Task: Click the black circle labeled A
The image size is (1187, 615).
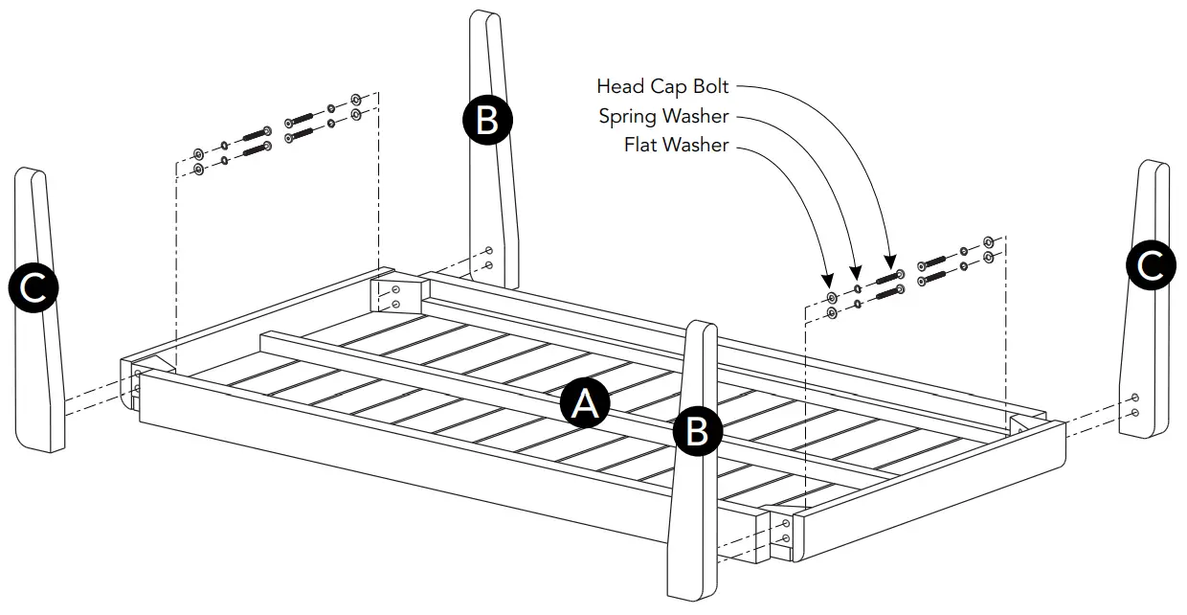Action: tap(584, 404)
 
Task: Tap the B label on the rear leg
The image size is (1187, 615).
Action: tap(487, 121)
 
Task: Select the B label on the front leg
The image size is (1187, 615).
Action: tap(698, 432)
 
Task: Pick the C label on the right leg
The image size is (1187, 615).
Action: tap(1151, 265)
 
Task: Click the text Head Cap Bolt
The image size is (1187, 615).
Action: tap(662, 86)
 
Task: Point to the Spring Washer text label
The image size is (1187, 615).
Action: tap(663, 117)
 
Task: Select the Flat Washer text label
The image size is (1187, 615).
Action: tap(676, 146)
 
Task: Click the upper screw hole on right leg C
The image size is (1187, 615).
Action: tap(1135, 398)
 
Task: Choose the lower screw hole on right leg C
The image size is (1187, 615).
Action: tap(1135, 413)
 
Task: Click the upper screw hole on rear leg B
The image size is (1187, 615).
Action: tap(489, 250)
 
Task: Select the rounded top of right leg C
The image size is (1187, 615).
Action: tap(1154, 167)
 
